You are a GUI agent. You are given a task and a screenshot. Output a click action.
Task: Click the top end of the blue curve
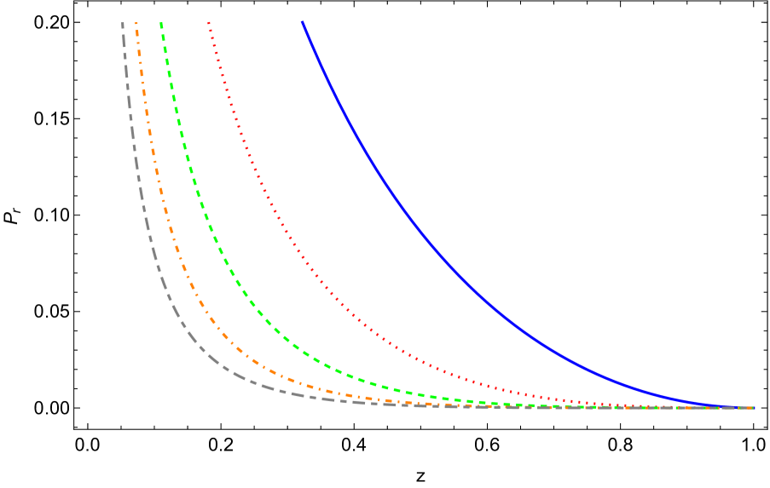pyautogui.click(x=302, y=22)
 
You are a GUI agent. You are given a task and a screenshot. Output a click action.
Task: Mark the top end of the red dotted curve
pyautogui.click(x=209, y=22)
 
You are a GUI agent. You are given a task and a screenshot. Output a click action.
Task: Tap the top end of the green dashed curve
pyautogui.click(x=161, y=22)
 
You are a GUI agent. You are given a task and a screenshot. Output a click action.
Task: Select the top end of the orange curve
pyautogui.click(x=136, y=22)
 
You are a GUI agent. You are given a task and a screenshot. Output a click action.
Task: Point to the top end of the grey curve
pyautogui.click(x=123, y=22)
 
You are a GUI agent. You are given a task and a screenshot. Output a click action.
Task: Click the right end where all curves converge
pyautogui.click(x=752, y=408)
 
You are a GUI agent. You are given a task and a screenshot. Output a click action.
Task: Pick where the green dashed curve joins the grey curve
pyautogui.click(x=512, y=405)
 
